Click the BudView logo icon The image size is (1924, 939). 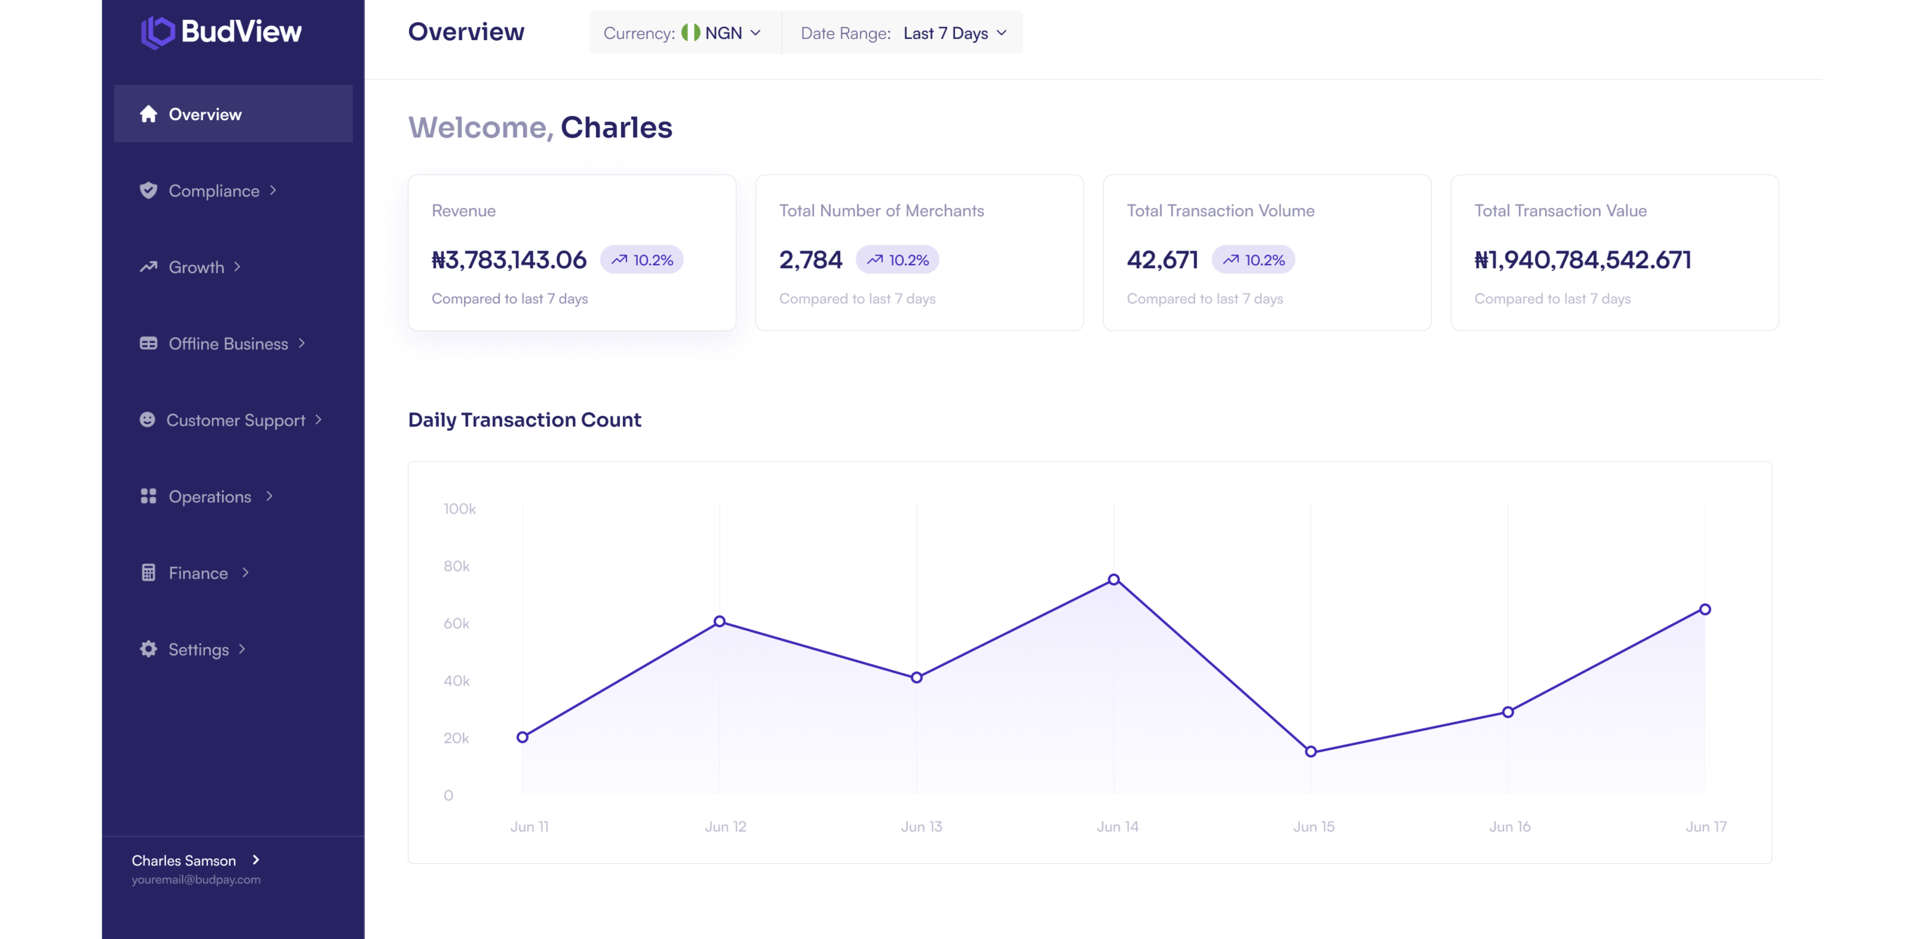158,32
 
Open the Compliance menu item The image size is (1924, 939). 214,191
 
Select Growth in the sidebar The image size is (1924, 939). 196,266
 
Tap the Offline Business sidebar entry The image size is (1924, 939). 228,343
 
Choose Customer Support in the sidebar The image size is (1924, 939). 235,420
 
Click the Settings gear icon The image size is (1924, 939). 149,649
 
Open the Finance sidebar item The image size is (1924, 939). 198,573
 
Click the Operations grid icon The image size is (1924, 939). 149,496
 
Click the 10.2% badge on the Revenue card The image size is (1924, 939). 642,260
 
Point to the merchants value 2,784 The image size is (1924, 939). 811,260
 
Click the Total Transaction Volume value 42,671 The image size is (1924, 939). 1162,260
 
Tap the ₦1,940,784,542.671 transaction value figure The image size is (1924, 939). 1583,260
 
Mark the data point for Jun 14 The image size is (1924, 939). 1113,579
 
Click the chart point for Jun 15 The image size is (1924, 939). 1311,751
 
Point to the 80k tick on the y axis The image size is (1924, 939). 456,566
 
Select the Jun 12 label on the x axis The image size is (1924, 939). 725,827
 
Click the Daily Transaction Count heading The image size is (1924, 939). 524,420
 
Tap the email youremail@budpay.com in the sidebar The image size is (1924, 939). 197,880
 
